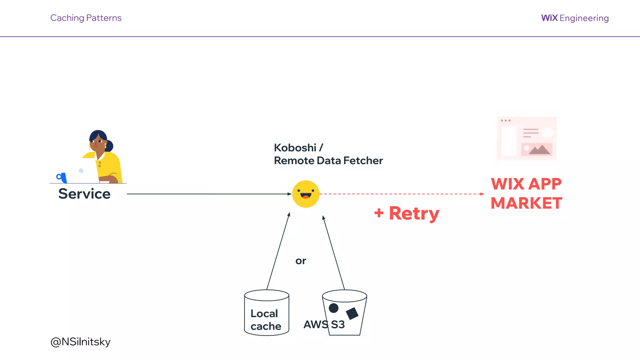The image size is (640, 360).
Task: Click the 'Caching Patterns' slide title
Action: click(86, 18)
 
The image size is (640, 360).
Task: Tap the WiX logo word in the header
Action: click(549, 18)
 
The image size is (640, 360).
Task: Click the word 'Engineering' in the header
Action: click(584, 18)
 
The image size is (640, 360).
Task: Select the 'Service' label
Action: click(84, 194)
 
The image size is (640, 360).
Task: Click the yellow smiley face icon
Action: click(306, 194)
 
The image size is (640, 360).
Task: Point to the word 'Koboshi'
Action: click(295, 147)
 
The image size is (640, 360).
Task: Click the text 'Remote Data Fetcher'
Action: click(328, 161)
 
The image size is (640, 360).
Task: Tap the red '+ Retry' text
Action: click(407, 213)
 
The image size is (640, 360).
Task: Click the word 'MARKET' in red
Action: click(526, 203)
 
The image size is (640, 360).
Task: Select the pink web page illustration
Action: click(527, 138)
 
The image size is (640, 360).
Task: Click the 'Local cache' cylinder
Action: click(266, 313)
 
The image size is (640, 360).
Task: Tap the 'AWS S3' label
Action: click(324, 324)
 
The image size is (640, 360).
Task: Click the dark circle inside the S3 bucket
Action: click(333, 308)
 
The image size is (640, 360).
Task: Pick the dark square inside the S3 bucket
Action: click(352, 313)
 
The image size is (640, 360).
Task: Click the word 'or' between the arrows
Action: click(301, 261)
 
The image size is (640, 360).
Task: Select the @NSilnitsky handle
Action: click(80, 342)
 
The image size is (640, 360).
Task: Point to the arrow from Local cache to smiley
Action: click(278, 251)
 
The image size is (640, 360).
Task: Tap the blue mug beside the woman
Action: click(62, 177)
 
